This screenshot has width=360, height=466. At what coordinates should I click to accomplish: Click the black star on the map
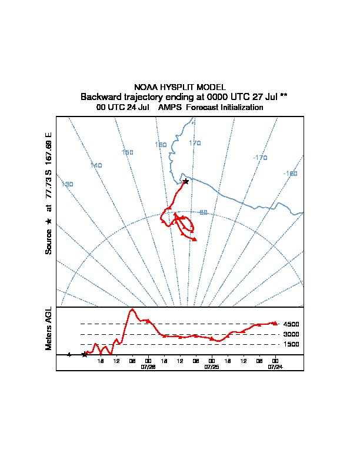pos(186,181)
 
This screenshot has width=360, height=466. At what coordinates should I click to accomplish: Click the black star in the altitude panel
pos(84,354)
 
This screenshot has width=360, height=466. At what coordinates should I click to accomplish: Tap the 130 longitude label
pos(68,185)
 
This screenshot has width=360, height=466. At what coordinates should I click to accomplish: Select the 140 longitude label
pos(96,165)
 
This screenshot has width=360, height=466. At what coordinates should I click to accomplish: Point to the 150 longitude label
pos(127,152)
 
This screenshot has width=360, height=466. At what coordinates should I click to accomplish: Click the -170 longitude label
pos(260,158)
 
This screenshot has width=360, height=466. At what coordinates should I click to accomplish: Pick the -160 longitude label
pos(290,174)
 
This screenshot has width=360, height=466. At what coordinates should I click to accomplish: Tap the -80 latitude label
pos(203,212)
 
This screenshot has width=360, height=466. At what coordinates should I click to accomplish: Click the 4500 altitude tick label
pos(291,324)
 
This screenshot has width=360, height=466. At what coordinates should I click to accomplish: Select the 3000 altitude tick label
pos(291,334)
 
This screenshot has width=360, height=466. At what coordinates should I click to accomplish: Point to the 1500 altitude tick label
pos(291,344)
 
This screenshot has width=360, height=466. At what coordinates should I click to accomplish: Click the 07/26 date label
pos(148,367)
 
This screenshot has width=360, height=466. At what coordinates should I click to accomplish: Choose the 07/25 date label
pos(211,367)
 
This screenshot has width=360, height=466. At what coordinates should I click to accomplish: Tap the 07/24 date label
pos(275,367)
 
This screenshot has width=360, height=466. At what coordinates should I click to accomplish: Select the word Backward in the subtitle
pos(101,96)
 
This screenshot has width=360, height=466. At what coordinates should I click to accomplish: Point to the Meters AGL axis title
pos(49,328)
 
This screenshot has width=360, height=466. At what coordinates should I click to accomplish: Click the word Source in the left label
pos(49,241)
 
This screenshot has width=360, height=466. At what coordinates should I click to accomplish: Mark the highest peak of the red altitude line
pos(132,309)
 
